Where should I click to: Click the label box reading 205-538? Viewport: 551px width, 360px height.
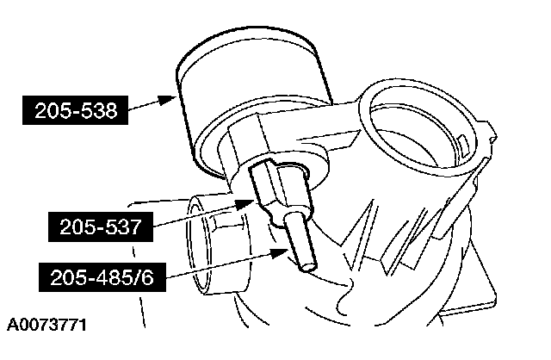click(x=75, y=110)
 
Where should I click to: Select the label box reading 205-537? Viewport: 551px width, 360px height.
click(x=101, y=227)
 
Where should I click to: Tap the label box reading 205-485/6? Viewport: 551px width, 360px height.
click(x=102, y=277)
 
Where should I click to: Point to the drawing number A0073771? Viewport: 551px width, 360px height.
click(x=46, y=325)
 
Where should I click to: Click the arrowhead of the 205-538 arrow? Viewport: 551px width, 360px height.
click(x=167, y=100)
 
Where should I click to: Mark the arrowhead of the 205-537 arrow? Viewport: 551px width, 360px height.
click(x=245, y=204)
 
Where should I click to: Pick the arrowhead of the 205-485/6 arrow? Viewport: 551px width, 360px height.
click(x=280, y=253)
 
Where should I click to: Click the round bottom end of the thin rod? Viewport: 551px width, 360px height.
click(x=309, y=268)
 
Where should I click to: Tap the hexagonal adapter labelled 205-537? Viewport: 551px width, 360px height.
click(x=277, y=189)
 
